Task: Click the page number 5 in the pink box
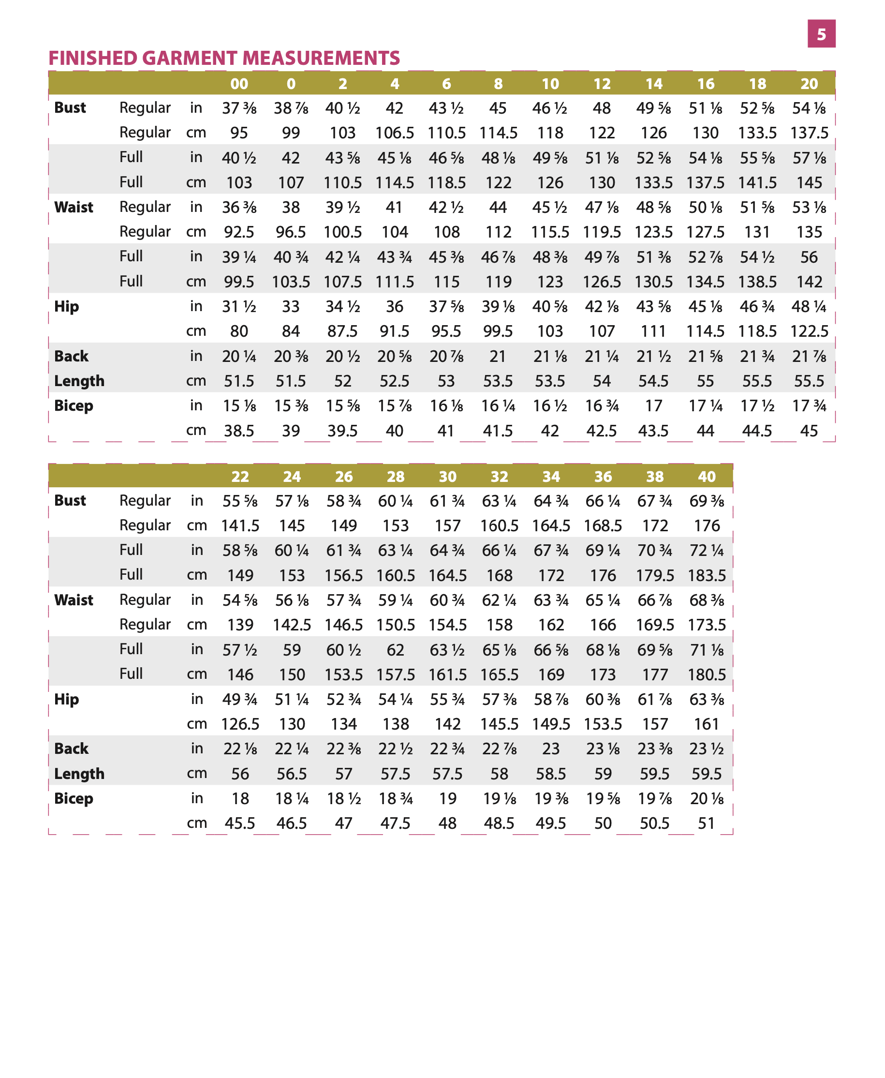coord(821,34)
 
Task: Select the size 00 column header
coord(239,84)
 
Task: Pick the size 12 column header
coord(602,84)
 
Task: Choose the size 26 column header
coord(343,476)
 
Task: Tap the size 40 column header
coord(707,476)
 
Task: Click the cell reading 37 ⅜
coord(239,108)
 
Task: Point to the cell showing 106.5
coord(395,133)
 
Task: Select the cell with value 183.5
coord(707,575)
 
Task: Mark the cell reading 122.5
coord(809,331)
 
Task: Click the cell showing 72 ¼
coord(707,551)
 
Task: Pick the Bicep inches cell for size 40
coord(707,798)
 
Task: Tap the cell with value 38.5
coord(239,431)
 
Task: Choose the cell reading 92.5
coord(239,232)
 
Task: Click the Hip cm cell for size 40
coord(707,724)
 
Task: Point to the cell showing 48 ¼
coord(809,306)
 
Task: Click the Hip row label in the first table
coord(67,306)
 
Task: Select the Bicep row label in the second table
coord(74,798)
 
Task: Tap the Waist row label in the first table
coord(74,207)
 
